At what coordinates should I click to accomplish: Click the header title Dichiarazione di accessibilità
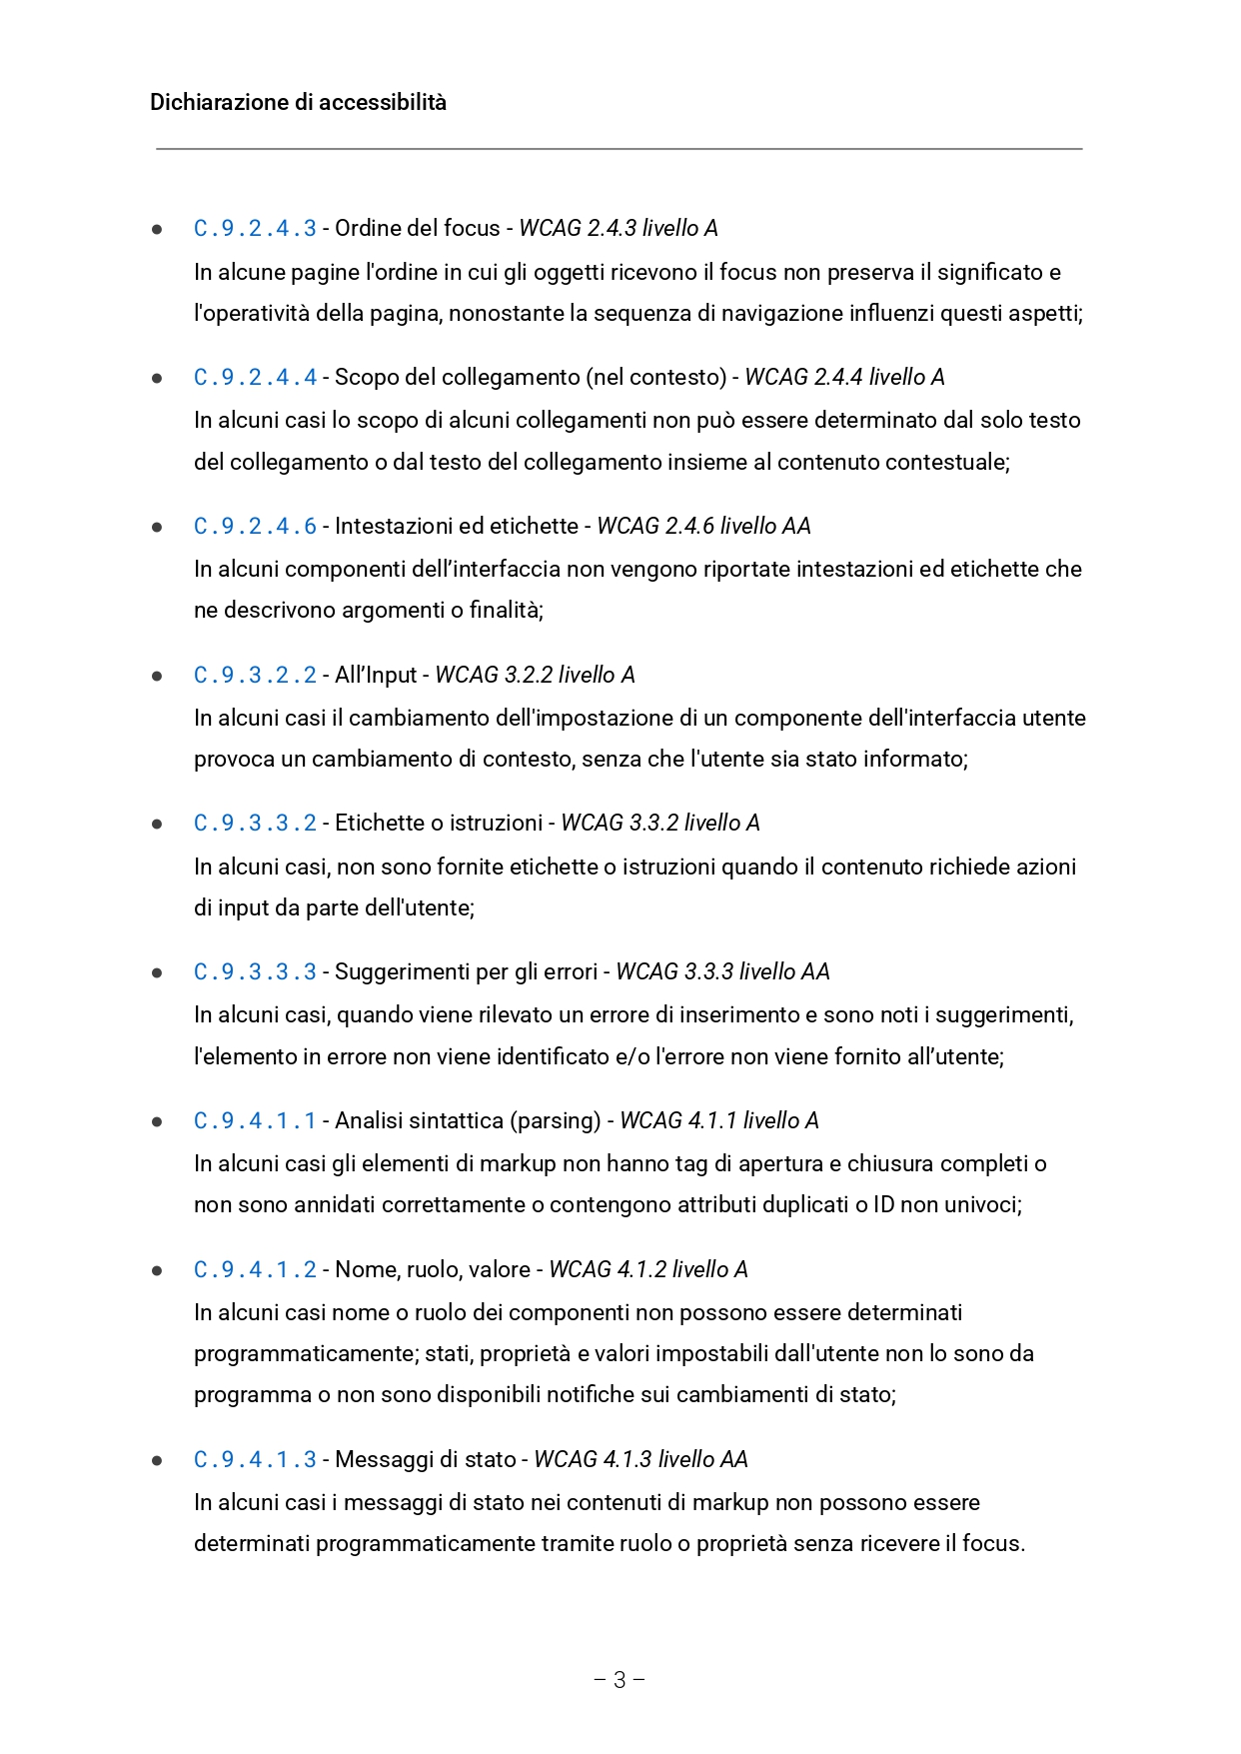click(x=298, y=102)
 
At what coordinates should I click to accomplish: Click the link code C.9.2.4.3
click(x=255, y=229)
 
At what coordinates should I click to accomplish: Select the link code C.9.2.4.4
click(x=255, y=378)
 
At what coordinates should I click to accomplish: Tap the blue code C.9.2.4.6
click(x=255, y=527)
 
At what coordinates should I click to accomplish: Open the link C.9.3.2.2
click(x=255, y=676)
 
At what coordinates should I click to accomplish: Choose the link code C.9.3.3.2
click(x=255, y=824)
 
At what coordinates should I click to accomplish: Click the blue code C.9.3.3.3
click(x=255, y=972)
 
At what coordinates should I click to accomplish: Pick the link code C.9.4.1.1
click(x=255, y=1121)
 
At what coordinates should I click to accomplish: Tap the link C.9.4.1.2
click(x=255, y=1270)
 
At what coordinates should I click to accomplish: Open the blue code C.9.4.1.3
click(x=255, y=1460)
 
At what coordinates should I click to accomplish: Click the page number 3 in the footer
click(x=620, y=1680)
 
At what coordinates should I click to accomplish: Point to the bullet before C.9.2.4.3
click(x=157, y=230)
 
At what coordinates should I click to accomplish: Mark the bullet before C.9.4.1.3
click(x=157, y=1461)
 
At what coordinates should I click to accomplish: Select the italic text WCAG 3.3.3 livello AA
click(x=722, y=972)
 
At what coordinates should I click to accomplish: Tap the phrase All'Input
click(x=376, y=676)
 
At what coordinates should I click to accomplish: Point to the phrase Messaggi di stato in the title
click(x=426, y=1460)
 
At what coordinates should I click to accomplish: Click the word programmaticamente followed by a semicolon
click(x=306, y=1354)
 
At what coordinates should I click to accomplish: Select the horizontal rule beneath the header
click(x=620, y=149)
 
